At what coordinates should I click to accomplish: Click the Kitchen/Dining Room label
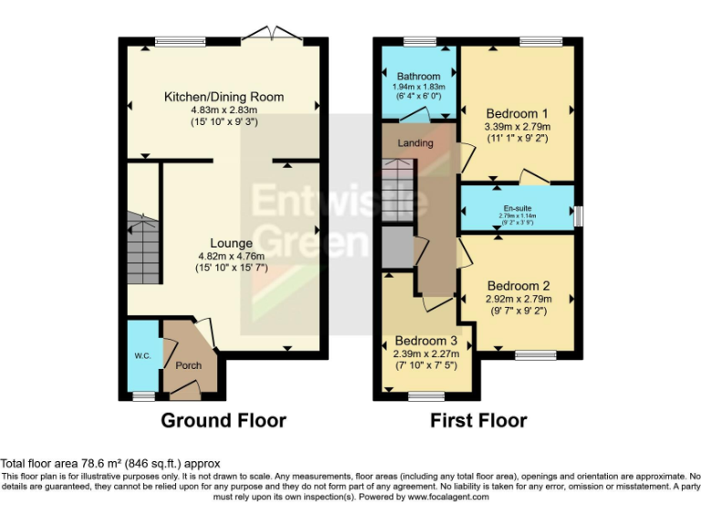click(x=224, y=97)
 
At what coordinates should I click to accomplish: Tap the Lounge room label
click(x=231, y=243)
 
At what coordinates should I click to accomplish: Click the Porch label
click(x=188, y=365)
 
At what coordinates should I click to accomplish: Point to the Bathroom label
click(x=418, y=77)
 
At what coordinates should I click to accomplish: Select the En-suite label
click(x=518, y=208)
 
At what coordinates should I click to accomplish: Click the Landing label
click(x=415, y=143)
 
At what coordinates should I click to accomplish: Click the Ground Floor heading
click(x=224, y=421)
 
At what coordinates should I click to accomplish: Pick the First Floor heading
click(x=479, y=421)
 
